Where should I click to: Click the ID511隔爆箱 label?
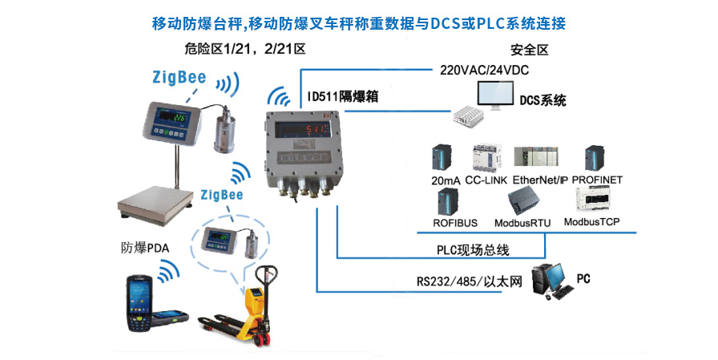[343, 96]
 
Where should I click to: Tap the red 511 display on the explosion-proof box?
[317, 130]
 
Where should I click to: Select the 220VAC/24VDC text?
[484, 70]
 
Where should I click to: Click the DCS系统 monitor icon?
[495, 95]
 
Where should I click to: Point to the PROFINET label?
[597, 180]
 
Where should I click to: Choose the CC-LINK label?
[486, 180]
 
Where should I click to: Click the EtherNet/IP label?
[540, 180]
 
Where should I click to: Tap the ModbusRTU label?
[522, 223]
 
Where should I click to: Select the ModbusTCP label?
[591, 222]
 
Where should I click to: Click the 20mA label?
[446, 181]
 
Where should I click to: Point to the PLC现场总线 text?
[473, 250]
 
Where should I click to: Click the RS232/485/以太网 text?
[469, 281]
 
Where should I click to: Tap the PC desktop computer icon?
[552, 281]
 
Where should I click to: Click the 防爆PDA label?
[145, 248]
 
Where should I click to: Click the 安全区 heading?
[530, 50]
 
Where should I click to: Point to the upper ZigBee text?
[179, 77]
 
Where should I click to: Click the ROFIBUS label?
[455, 223]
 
